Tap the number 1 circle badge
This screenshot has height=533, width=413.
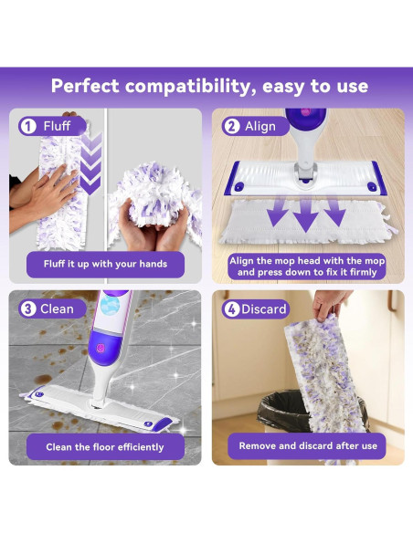tap(28, 127)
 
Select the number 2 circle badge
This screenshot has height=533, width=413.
tap(230, 127)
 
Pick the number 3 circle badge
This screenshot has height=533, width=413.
tap(28, 308)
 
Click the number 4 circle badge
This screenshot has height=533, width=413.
tap(232, 308)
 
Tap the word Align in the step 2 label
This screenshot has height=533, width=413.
tap(260, 127)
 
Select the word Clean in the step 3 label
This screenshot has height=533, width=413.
tap(58, 308)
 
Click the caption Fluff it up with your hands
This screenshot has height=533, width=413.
tap(105, 265)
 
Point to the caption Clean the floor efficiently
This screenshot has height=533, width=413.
tap(105, 446)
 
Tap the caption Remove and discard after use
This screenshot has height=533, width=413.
tap(307, 446)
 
